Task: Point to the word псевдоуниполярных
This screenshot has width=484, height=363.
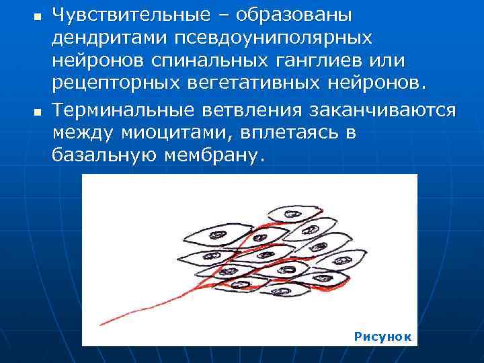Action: (x=267, y=38)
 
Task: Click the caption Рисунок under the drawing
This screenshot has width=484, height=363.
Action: (x=382, y=336)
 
